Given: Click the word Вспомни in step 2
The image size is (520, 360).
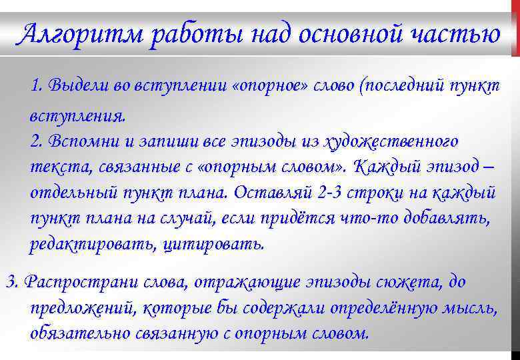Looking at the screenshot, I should [75, 141].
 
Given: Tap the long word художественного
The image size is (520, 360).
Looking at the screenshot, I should [391, 141].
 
